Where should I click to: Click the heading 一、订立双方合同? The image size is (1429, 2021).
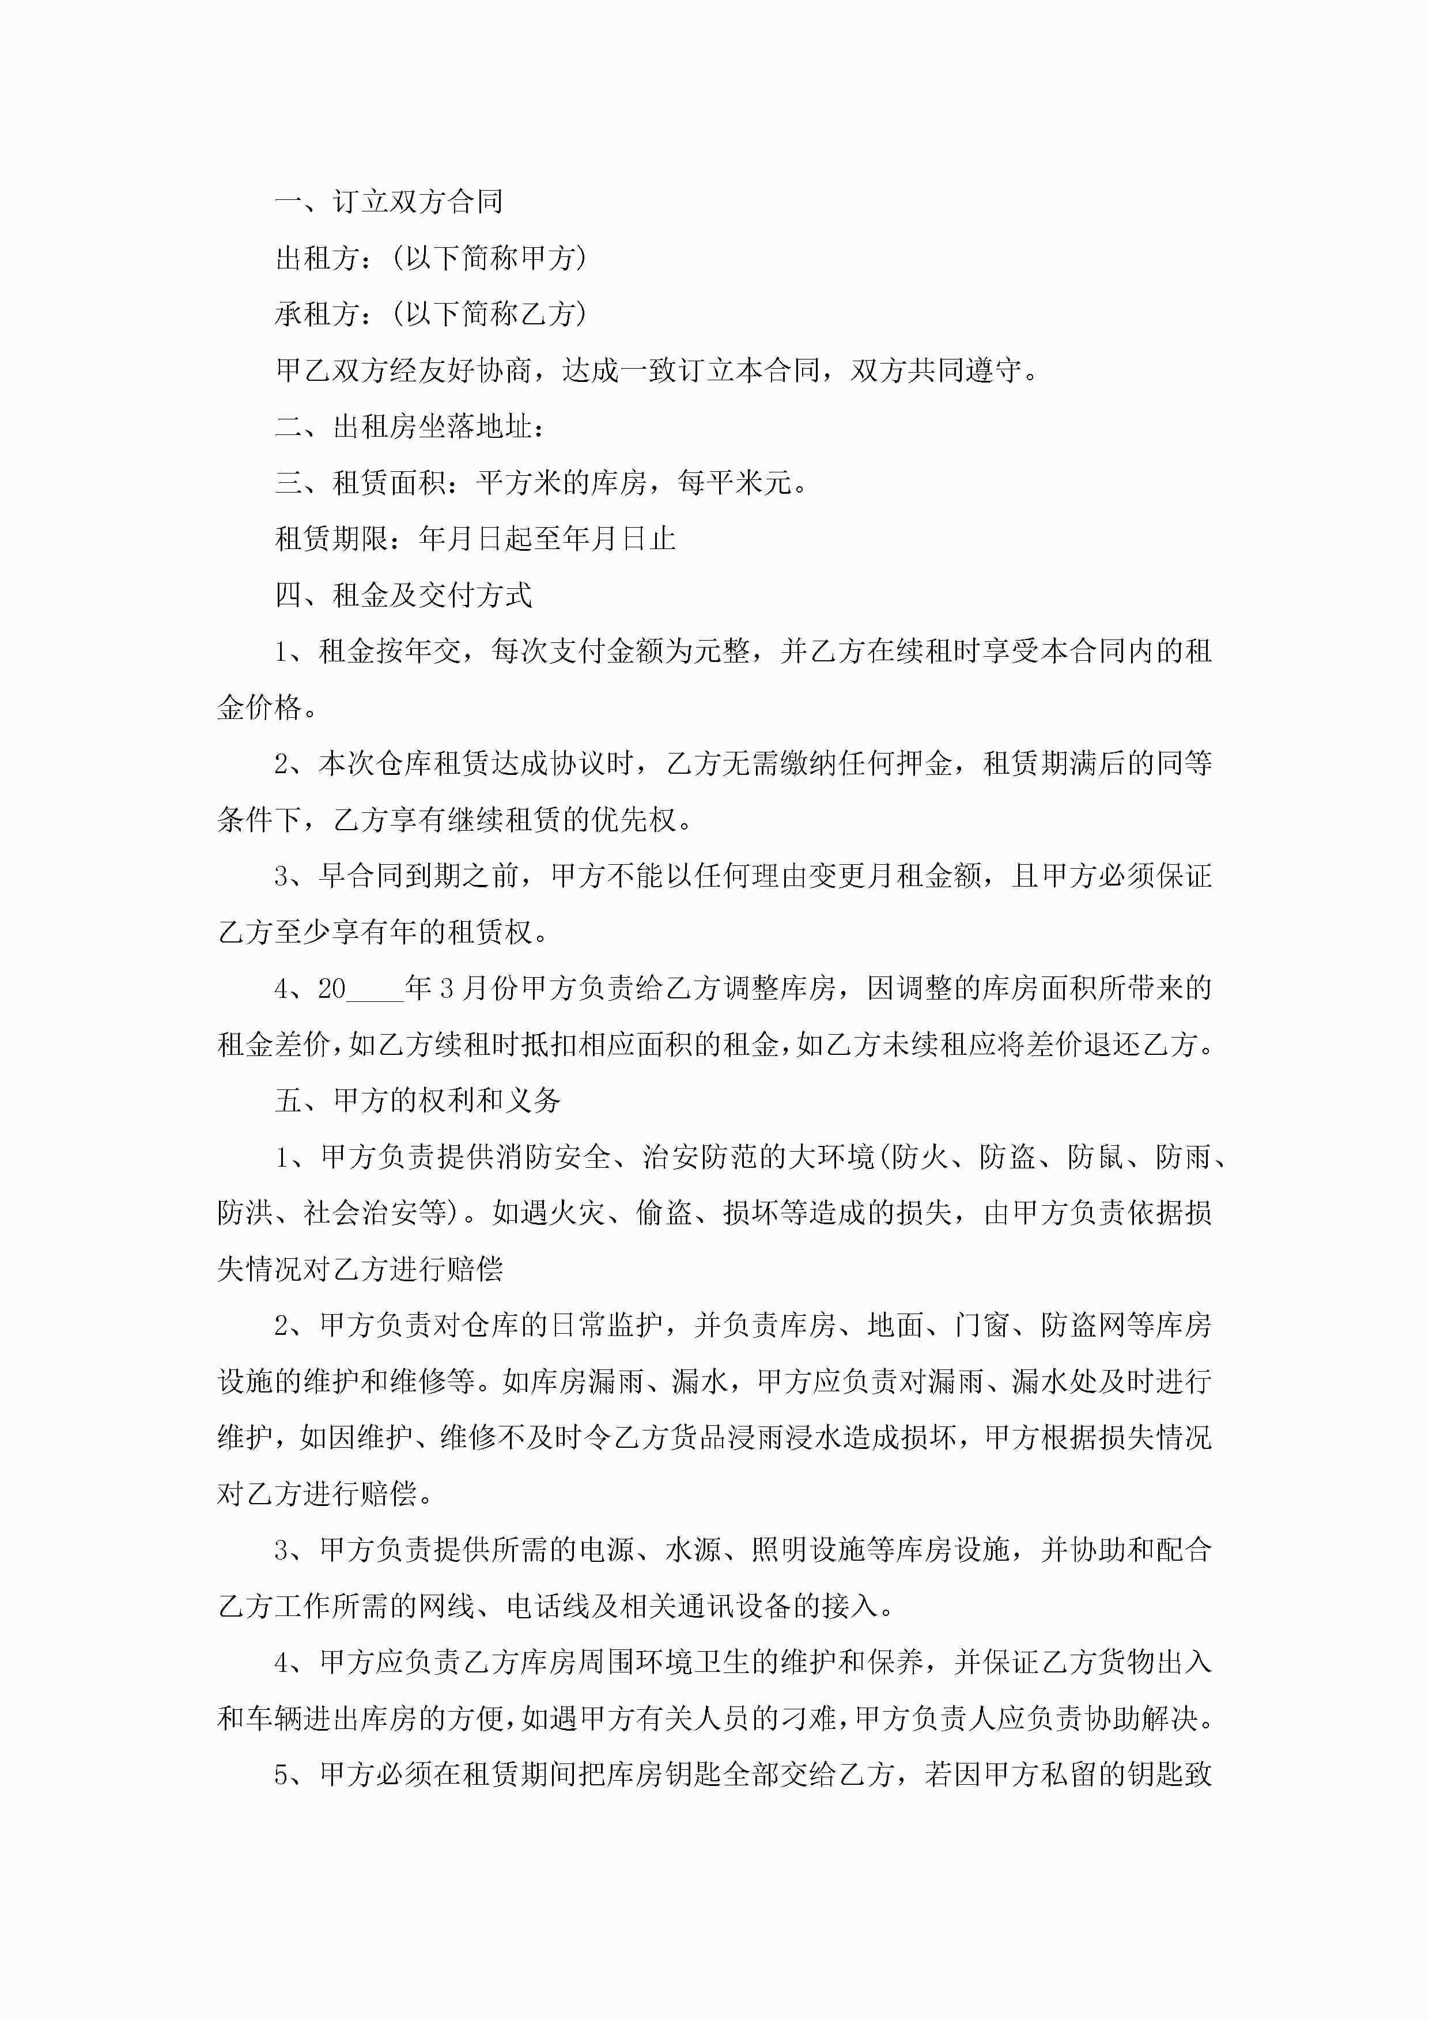(x=388, y=202)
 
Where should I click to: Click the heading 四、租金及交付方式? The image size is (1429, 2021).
(x=403, y=595)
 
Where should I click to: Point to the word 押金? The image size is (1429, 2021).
(x=924, y=763)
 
